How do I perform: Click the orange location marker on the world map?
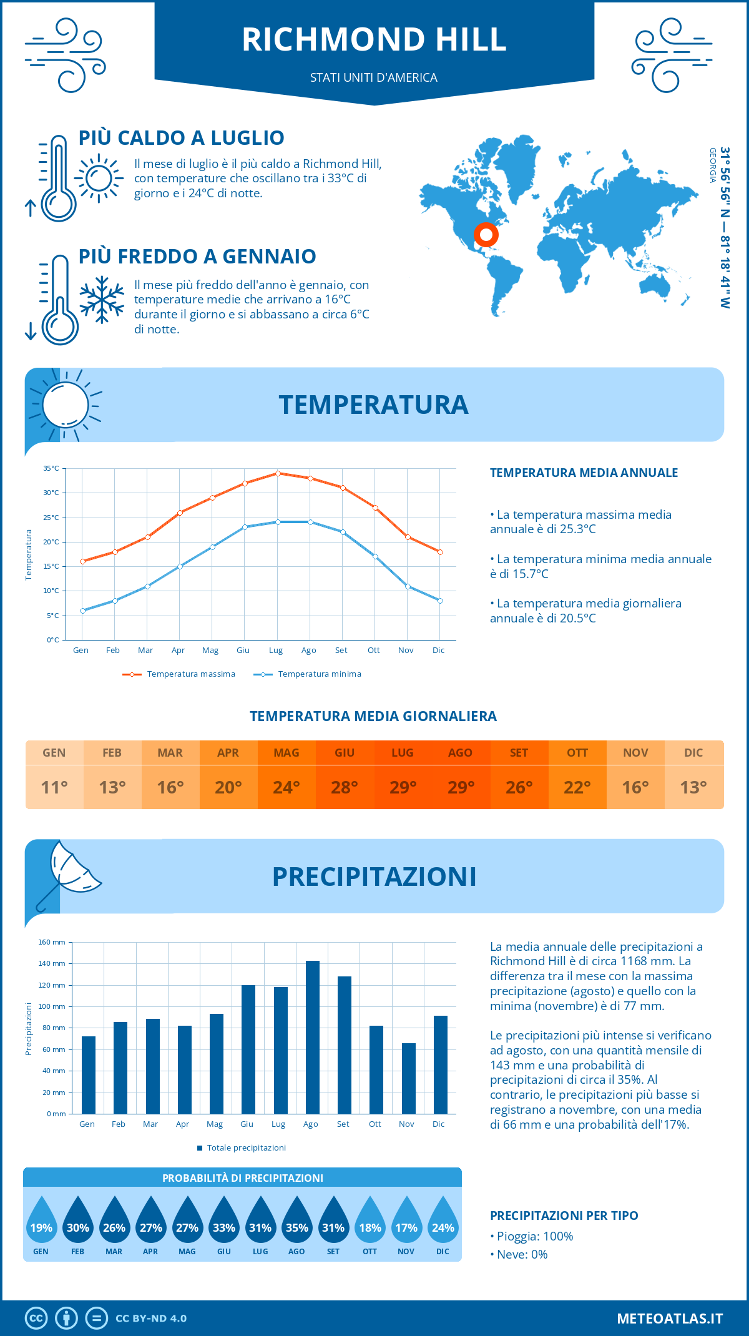click(x=486, y=235)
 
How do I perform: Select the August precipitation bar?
click(x=312, y=1037)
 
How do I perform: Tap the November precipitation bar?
click(x=408, y=1078)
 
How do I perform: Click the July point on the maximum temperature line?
click(x=278, y=473)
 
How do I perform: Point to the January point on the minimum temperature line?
click(x=82, y=611)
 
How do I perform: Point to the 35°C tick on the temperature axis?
click(x=51, y=468)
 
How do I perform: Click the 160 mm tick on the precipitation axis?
click(x=52, y=942)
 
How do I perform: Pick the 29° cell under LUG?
click(x=403, y=787)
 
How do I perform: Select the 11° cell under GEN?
click(x=54, y=787)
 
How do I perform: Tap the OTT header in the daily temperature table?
click(x=577, y=753)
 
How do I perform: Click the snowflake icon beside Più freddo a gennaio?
click(x=102, y=299)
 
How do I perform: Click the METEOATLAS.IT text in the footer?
click(x=670, y=1319)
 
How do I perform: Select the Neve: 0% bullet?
click(x=519, y=1254)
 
